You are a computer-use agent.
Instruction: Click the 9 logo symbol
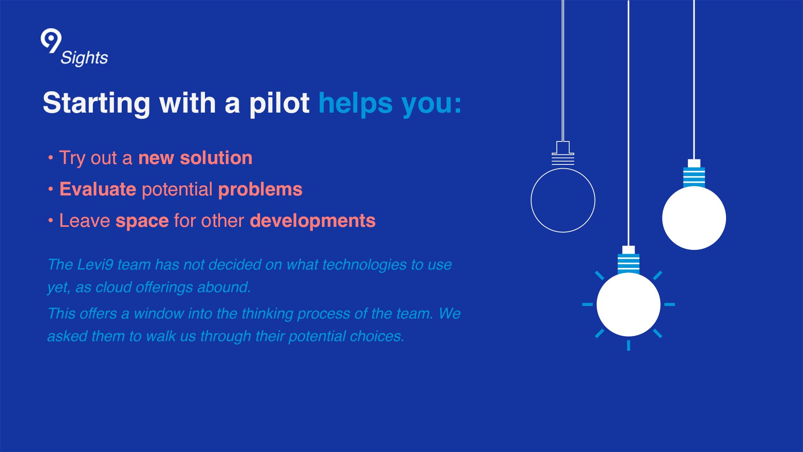click(x=51, y=41)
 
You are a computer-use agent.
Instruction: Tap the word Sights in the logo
click(x=84, y=58)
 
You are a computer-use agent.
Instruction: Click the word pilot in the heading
click(x=279, y=103)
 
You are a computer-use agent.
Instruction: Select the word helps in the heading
click(x=355, y=103)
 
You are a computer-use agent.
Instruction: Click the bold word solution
click(x=216, y=158)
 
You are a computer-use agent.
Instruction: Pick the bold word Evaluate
click(x=98, y=189)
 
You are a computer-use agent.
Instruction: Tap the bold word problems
click(x=260, y=190)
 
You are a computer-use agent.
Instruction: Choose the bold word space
click(x=142, y=221)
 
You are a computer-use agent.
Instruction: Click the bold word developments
click(x=313, y=221)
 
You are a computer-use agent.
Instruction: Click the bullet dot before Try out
click(x=51, y=158)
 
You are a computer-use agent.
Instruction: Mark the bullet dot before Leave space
click(x=51, y=221)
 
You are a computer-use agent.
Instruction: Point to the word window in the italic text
click(x=159, y=313)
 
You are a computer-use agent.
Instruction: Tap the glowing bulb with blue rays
click(x=629, y=304)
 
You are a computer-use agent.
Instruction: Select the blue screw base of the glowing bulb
click(x=629, y=264)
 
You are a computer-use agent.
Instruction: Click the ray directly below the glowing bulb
click(x=629, y=345)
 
